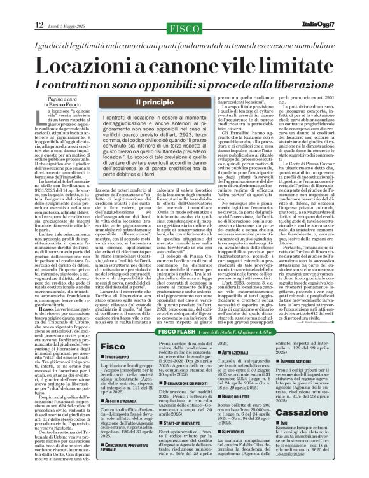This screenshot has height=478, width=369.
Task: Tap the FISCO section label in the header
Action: point(184,28)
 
